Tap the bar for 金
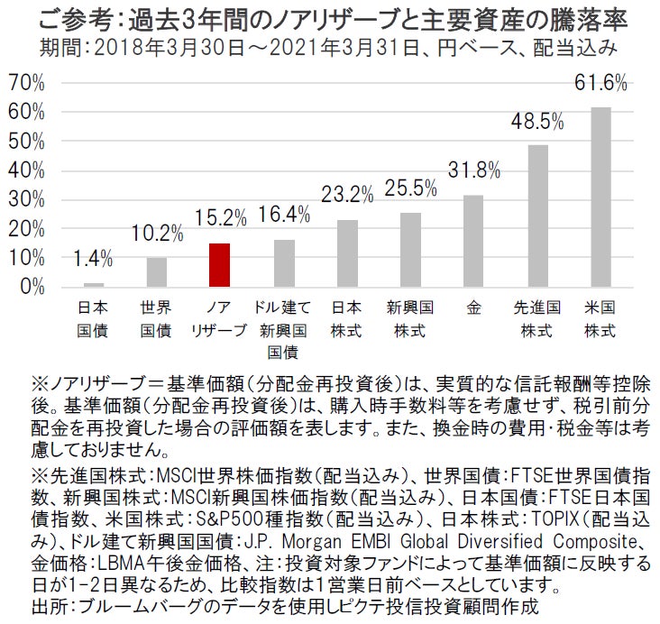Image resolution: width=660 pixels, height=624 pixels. pyautogui.click(x=473, y=241)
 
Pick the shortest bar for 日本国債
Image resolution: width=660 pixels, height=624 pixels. pyautogui.click(x=94, y=285)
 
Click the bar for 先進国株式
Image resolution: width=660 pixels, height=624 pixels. pyautogui.click(x=537, y=216)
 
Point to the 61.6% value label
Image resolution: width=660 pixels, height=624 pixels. pyautogui.click(x=600, y=83)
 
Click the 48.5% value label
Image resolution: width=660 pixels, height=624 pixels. pyautogui.click(x=537, y=121)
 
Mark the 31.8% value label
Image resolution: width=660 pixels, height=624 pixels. pyautogui.click(x=473, y=170)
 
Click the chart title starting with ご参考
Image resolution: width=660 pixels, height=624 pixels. pyautogui.click(x=330, y=18)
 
